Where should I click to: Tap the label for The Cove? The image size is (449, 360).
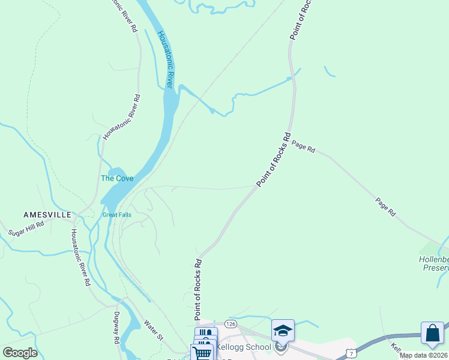click(x=116, y=178)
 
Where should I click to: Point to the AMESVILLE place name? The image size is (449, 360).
click(x=47, y=214)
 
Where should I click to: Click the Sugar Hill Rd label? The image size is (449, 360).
click(x=26, y=228)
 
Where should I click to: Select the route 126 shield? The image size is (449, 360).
click(x=231, y=324)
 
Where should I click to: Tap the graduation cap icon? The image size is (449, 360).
click(x=283, y=330)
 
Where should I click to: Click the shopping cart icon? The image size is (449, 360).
click(x=202, y=353)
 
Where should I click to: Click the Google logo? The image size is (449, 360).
click(x=20, y=353)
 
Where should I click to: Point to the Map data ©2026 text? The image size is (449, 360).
click(x=423, y=355)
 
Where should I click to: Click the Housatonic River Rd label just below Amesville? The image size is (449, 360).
click(x=79, y=257)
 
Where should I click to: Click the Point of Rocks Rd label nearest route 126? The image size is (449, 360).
click(x=197, y=289)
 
